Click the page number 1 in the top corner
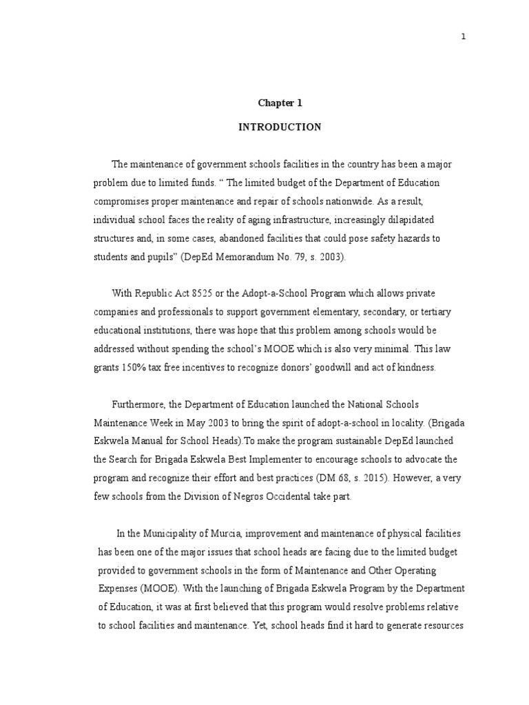pos(464,37)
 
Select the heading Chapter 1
pos(280,103)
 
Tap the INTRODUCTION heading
pos(280,127)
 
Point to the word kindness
pos(417,368)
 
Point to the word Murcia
pos(232,534)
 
